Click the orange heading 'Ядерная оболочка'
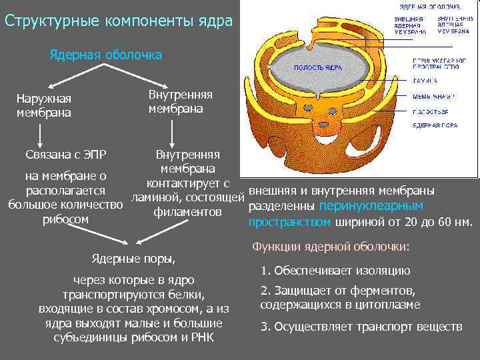tap(105, 55)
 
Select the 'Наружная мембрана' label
tap(44, 105)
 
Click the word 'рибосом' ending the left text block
tap(65, 219)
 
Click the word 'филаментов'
tap(187, 212)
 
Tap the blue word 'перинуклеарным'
tap(371, 206)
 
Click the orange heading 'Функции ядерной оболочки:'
tap(330, 247)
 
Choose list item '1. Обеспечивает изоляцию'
tap(335, 271)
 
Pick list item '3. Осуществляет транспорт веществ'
tap(361, 327)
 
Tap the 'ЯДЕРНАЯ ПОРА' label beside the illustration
tap(434, 125)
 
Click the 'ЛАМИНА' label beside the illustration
tap(425, 80)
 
